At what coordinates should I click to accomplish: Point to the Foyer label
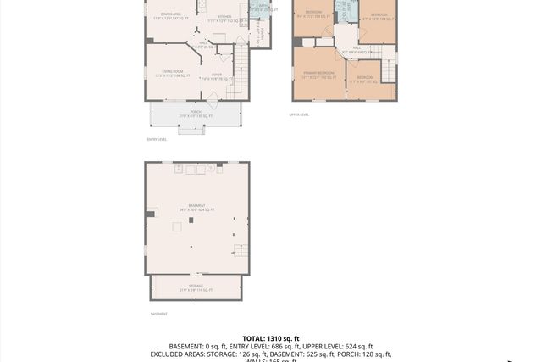[x=217, y=75]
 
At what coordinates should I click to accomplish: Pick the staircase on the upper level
[x=388, y=64]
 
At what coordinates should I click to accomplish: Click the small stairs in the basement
[x=241, y=251]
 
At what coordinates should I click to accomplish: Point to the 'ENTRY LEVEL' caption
[x=157, y=139]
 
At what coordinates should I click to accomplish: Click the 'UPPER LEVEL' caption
[x=300, y=114]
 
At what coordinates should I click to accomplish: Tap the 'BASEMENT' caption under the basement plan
[x=159, y=314]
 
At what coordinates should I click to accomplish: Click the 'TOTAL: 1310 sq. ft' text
[x=271, y=338]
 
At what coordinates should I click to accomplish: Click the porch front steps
[x=191, y=130]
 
